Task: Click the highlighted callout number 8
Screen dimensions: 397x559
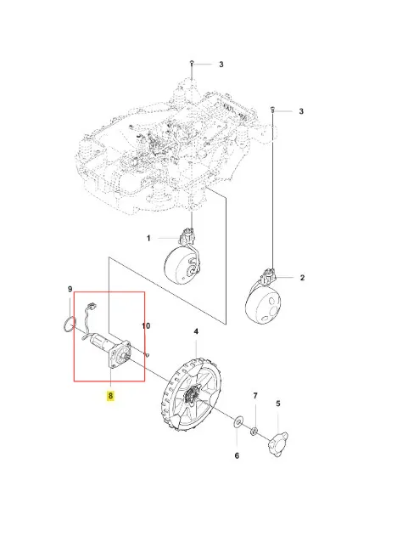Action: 111,395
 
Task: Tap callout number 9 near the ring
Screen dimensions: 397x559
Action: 70,289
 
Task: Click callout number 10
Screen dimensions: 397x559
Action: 146,326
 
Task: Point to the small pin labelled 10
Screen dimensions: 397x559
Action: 147,354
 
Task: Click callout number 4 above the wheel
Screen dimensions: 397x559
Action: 196,331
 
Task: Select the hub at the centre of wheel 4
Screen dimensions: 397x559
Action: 193,395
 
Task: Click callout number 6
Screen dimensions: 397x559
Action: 237,455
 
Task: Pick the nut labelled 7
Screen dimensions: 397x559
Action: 254,432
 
